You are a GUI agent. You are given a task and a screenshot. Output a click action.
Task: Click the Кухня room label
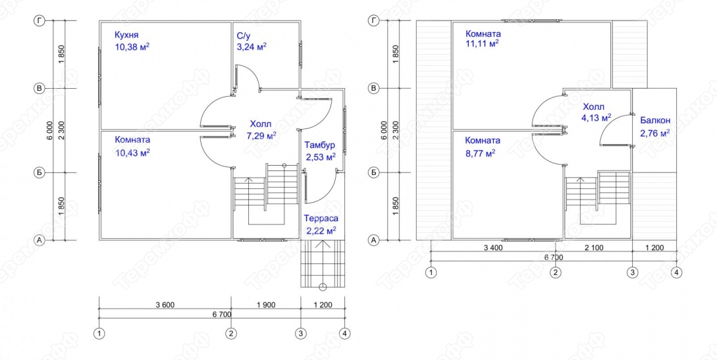[126, 35]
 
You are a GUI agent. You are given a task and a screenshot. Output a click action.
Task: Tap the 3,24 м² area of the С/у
[252, 46]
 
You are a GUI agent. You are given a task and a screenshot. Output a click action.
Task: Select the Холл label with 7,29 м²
[260, 124]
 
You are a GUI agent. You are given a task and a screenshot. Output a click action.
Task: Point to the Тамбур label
[319, 145]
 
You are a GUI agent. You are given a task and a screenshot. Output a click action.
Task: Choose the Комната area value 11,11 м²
[482, 44]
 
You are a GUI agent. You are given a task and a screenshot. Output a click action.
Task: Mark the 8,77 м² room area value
[480, 153]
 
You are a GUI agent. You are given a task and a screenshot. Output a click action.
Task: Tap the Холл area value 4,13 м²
[597, 118]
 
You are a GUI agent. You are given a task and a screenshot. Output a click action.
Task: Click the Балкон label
[655, 120]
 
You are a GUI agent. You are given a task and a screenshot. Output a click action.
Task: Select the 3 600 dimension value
[165, 305]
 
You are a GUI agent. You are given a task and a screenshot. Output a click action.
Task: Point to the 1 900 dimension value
[266, 305]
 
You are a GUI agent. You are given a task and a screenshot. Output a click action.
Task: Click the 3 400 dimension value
[493, 247]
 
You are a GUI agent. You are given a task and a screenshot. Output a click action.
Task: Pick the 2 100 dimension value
[594, 247]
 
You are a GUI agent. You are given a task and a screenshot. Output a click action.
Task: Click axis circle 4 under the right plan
[676, 272]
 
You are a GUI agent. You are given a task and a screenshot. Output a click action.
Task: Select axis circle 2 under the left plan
[231, 334]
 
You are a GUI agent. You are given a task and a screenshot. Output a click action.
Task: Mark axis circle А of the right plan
[374, 240]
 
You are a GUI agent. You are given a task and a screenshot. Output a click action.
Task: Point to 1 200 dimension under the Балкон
[654, 247]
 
